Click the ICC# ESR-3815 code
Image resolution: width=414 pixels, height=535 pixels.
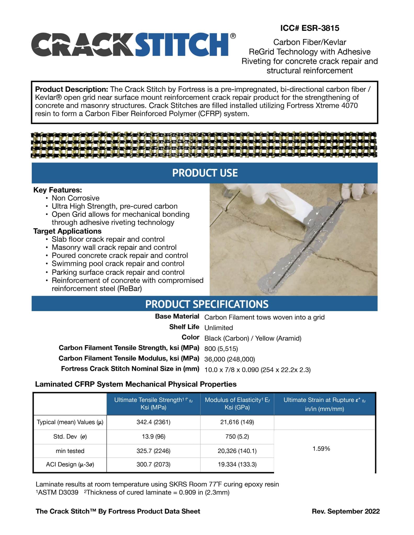pos(310,28)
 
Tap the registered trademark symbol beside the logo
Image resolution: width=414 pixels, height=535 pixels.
pos(232,36)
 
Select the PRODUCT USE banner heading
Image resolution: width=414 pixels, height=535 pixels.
pos(205,173)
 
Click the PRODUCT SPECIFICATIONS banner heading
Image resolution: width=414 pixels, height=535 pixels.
pos(207,304)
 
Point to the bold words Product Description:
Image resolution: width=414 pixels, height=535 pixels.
pos(71,89)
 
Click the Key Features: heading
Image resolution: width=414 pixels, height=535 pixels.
pos(58,190)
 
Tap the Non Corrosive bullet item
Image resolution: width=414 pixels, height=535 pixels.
pos(75,198)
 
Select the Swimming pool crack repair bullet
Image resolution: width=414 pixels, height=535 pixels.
pos(118,264)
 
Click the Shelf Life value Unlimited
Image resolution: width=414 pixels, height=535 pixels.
pos(218,328)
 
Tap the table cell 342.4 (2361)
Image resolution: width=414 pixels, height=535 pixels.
pos(153,422)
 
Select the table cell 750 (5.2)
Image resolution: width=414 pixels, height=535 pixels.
pos(237,437)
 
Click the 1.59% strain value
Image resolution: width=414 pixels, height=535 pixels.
pos(321,449)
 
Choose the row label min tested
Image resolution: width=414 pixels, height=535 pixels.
pos(70,451)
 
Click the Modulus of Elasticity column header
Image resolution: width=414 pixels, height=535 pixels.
pos(237,404)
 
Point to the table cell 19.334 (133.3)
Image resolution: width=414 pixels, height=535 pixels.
pos(237,464)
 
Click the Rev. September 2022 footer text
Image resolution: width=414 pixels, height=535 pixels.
pos(345,511)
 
